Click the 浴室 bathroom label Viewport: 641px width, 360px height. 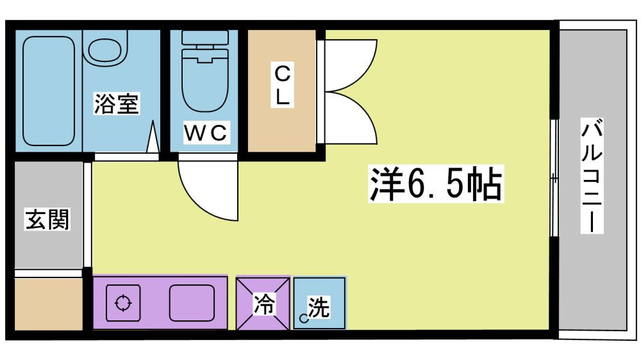coord(117,103)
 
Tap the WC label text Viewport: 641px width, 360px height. coord(205,133)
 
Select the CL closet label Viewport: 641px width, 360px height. coord(282,85)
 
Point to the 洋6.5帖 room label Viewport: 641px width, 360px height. coord(436,184)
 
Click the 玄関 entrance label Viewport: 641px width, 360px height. coord(47,220)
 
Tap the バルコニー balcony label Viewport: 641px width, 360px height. coord(592,176)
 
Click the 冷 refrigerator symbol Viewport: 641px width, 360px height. coord(263,303)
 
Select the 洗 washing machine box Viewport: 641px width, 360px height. coord(320,303)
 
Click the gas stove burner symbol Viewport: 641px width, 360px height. coord(123,303)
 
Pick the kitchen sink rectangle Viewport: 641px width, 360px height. coord(192,303)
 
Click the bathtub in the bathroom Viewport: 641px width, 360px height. coord(49,91)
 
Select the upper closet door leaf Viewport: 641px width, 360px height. coord(351,65)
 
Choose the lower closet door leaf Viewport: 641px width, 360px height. coord(351,118)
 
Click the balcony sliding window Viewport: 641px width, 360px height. coord(554,178)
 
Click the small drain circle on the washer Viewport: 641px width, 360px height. coord(303,318)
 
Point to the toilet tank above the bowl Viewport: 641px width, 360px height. coord(205,38)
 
